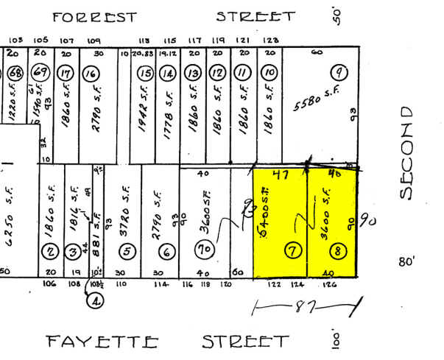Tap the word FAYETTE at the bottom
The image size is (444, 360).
tap(102, 342)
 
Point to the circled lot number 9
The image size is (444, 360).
tap(339, 73)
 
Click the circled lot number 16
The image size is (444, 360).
tap(91, 74)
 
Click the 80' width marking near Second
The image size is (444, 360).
tap(406, 261)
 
